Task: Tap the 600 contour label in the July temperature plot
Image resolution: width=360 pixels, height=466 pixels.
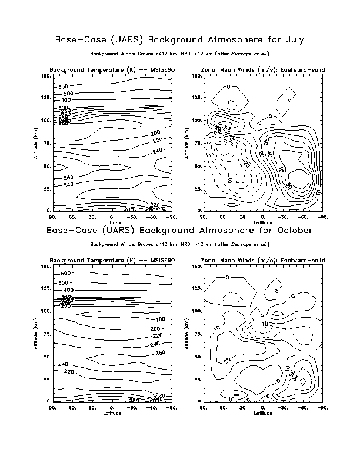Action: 64,86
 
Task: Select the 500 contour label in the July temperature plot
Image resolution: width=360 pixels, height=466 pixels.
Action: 68,94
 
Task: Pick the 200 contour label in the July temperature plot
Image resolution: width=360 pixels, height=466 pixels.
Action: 139,133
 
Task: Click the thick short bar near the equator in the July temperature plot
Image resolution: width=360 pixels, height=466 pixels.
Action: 112,197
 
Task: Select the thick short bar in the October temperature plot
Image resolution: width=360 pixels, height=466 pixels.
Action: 112,388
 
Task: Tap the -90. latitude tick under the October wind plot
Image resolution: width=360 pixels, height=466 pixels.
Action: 322,407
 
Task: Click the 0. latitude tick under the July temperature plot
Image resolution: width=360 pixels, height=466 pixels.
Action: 112,217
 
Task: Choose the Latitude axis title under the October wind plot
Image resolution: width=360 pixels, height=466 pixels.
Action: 262,412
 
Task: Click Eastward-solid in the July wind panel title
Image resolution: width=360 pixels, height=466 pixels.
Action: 304,70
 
